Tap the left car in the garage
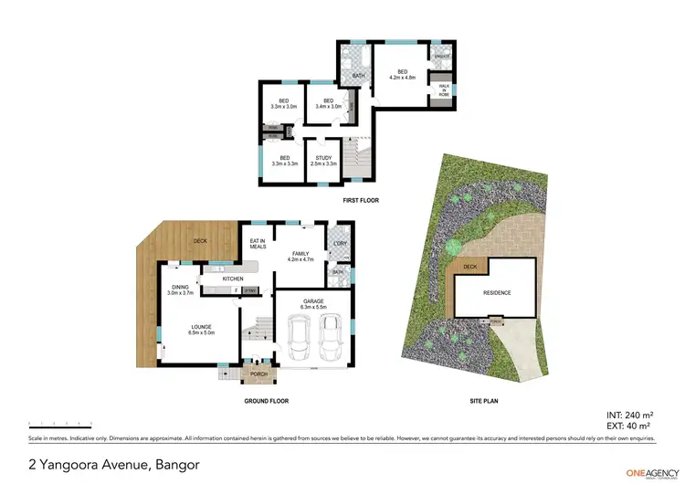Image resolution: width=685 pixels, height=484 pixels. click(299, 339)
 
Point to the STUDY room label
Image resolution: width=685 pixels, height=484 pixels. click(323, 161)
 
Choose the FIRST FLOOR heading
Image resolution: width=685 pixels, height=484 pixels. click(361, 200)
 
